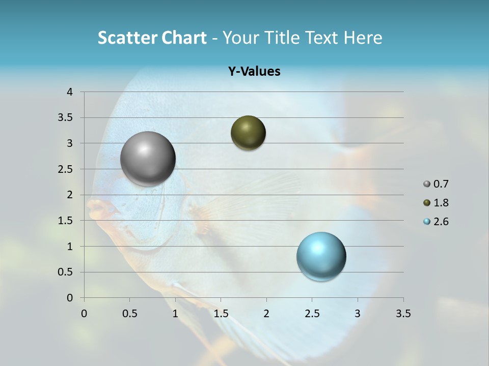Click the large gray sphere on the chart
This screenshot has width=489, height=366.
(148, 159)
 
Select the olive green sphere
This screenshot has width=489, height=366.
(248, 133)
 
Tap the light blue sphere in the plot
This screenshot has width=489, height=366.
(321, 256)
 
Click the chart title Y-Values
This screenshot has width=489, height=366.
(254, 72)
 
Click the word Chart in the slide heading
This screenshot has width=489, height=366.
(184, 38)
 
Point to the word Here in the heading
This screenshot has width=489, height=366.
(363, 38)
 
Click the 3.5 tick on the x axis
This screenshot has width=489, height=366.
(403, 314)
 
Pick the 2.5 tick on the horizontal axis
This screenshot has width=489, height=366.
(312, 314)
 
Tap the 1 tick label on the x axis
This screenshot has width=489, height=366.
(175, 314)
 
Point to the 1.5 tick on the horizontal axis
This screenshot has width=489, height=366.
(221, 314)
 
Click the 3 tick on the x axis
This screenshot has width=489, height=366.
(358, 314)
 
